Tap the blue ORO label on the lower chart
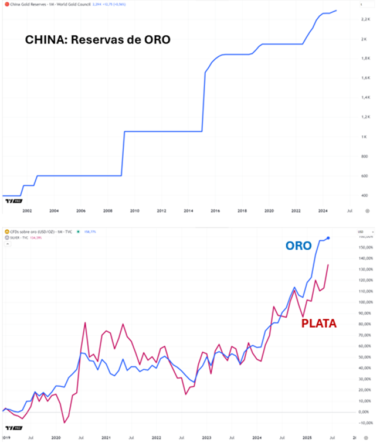298,247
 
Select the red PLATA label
319,323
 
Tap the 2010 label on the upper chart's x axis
134,210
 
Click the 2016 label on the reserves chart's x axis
215,210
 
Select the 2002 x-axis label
27,210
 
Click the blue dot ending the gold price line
328,238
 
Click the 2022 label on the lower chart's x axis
156,437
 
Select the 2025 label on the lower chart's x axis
307,437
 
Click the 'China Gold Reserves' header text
29,4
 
